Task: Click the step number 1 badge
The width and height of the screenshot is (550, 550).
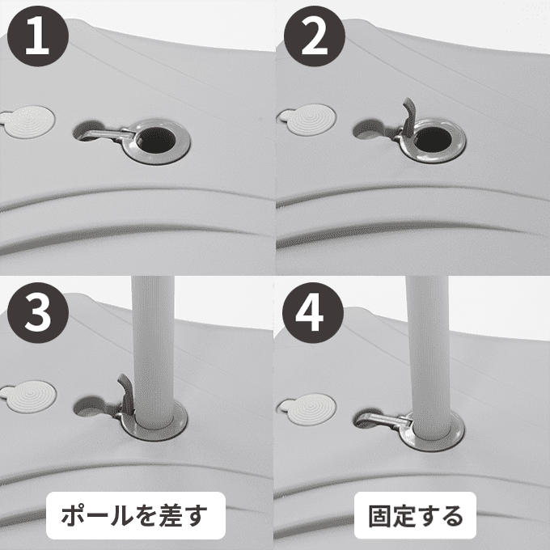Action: click(37, 36)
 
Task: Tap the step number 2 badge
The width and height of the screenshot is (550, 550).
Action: click(315, 36)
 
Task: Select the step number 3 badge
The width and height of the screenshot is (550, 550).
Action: click(37, 312)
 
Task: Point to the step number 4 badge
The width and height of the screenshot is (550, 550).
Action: click(312, 312)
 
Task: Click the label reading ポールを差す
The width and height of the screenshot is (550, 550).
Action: click(135, 515)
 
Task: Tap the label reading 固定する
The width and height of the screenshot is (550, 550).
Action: click(415, 516)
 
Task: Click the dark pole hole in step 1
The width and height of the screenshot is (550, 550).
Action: click(156, 141)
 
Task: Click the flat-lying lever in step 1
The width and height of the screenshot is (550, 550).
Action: click(105, 135)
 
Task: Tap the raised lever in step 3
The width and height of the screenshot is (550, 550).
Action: click(126, 395)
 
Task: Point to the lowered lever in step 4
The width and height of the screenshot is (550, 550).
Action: click(383, 419)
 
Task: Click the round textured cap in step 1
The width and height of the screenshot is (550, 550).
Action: click(28, 121)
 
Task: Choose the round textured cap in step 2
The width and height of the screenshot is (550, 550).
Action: click(307, 120)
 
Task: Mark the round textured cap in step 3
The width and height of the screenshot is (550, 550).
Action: click(29, 396)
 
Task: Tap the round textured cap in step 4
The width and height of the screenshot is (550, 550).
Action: click(307, 410)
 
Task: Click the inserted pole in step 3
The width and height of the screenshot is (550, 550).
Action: click(153, 351)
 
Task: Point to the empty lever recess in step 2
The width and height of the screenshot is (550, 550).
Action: click(369, 129)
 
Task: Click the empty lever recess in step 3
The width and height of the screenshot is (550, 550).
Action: click(91, 406)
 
